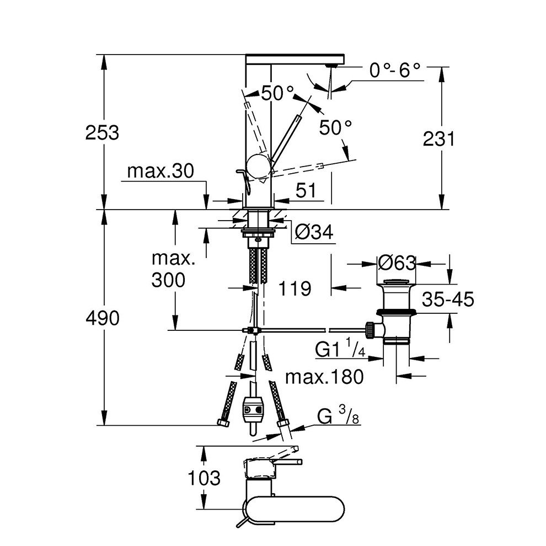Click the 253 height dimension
(103, 133)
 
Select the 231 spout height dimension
(438, 140)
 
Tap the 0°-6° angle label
(395, 71)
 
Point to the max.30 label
(160, 172)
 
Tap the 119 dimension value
(295, 287)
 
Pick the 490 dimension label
(103, 318)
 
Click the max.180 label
(326, 377)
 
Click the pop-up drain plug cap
(397, 285)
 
